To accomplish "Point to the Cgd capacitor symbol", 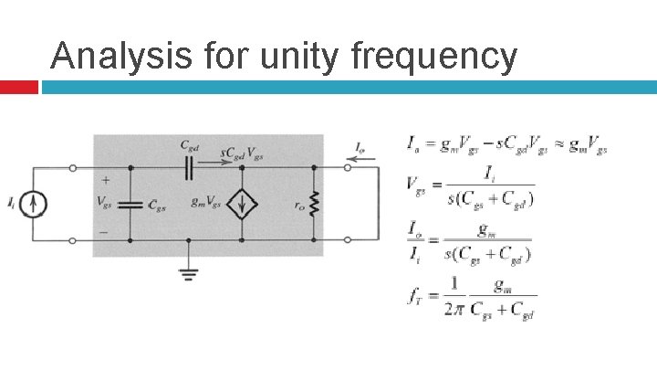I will click(189, 167).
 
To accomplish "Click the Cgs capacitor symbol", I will click(131, 205).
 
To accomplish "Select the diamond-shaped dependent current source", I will click(241, 204).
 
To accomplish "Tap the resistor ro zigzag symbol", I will click(315, 205).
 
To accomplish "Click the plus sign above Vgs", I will click(106, 182).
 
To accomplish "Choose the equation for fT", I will click(472, 297).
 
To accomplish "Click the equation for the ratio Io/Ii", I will click(469, 243).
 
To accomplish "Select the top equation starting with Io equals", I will click(506, 144).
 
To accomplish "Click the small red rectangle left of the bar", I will click(18, 87).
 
